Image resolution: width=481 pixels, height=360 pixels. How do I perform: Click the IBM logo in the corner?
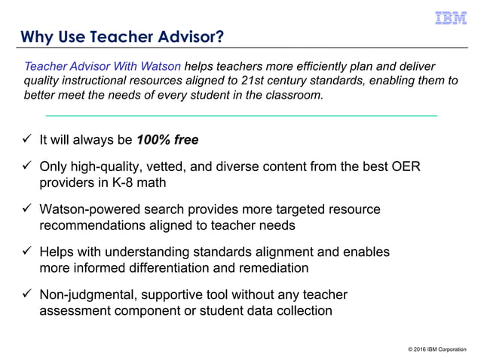[450, 18]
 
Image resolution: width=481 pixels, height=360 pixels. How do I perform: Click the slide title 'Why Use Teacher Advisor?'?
[121, 36]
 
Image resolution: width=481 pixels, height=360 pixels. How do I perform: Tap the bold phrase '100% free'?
[167, 140]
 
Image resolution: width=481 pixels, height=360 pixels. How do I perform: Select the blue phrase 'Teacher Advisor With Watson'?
[103, 66]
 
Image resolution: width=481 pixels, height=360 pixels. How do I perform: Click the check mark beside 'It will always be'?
[26, 140]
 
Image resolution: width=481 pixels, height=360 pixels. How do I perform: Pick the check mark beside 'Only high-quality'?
[26, 167]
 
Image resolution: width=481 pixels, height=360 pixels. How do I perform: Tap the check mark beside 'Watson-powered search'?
[26, 209]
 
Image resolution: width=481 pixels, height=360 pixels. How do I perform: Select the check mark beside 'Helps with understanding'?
[26, 252]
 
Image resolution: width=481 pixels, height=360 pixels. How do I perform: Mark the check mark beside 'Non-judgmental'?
[26, 294]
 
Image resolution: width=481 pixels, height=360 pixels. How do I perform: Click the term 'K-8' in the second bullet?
[119, 182]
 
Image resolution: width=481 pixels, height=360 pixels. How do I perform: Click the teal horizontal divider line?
[241, 116]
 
